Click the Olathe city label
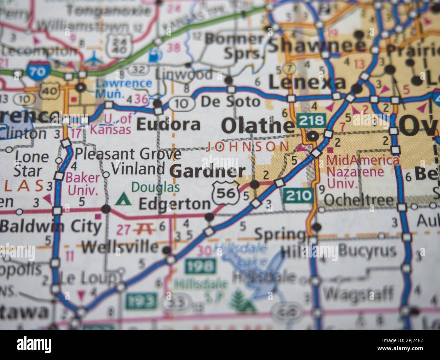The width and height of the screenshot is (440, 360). (x=258, y=126)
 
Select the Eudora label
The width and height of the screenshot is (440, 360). (x=168, y=125)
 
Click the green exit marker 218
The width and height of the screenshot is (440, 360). (x=312, y=120)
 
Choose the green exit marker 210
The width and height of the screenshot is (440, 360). (x=298, y=195)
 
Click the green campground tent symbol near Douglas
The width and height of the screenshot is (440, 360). (x=123, y=199)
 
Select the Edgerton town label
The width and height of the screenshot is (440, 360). (x=175, y=204)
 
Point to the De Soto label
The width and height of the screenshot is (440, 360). (x=230, y=101)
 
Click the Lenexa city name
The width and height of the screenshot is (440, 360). (x=307, y=82)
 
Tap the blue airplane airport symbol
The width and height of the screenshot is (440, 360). (x=93, y=60)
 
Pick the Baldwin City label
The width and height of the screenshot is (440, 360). (x=51, y=226)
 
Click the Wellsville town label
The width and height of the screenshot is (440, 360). (x=120, y=247)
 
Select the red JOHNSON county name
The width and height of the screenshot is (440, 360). (x=248, y=147)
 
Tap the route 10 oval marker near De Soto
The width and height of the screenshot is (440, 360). (x=182, y=104)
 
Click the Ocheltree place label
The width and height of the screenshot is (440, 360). (x=359, y=201)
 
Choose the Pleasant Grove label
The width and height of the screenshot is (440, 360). (x=128, y=154)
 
